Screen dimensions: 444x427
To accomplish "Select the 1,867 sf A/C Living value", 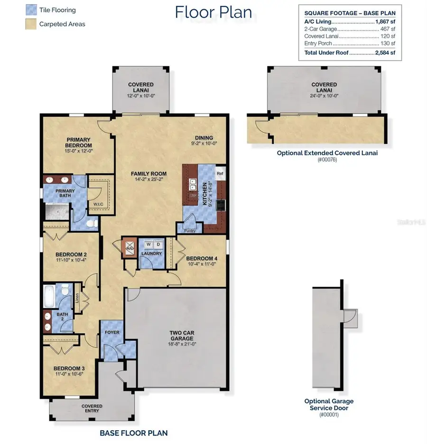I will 385,22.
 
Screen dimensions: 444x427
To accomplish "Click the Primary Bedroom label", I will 79,142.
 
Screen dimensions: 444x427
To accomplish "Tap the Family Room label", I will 149,174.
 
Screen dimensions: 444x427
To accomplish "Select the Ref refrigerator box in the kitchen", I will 220,173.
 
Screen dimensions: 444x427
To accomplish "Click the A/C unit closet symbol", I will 130,248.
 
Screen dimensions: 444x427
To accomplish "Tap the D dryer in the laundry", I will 158,245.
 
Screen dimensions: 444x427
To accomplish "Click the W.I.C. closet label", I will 98,204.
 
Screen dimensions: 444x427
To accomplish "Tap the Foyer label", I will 112,332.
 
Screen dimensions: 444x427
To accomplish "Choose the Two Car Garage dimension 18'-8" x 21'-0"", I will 182,344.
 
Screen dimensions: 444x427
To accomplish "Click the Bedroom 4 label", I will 202,258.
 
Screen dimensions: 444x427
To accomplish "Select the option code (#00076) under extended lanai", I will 327,160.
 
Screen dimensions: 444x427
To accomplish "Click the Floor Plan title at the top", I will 213,12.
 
